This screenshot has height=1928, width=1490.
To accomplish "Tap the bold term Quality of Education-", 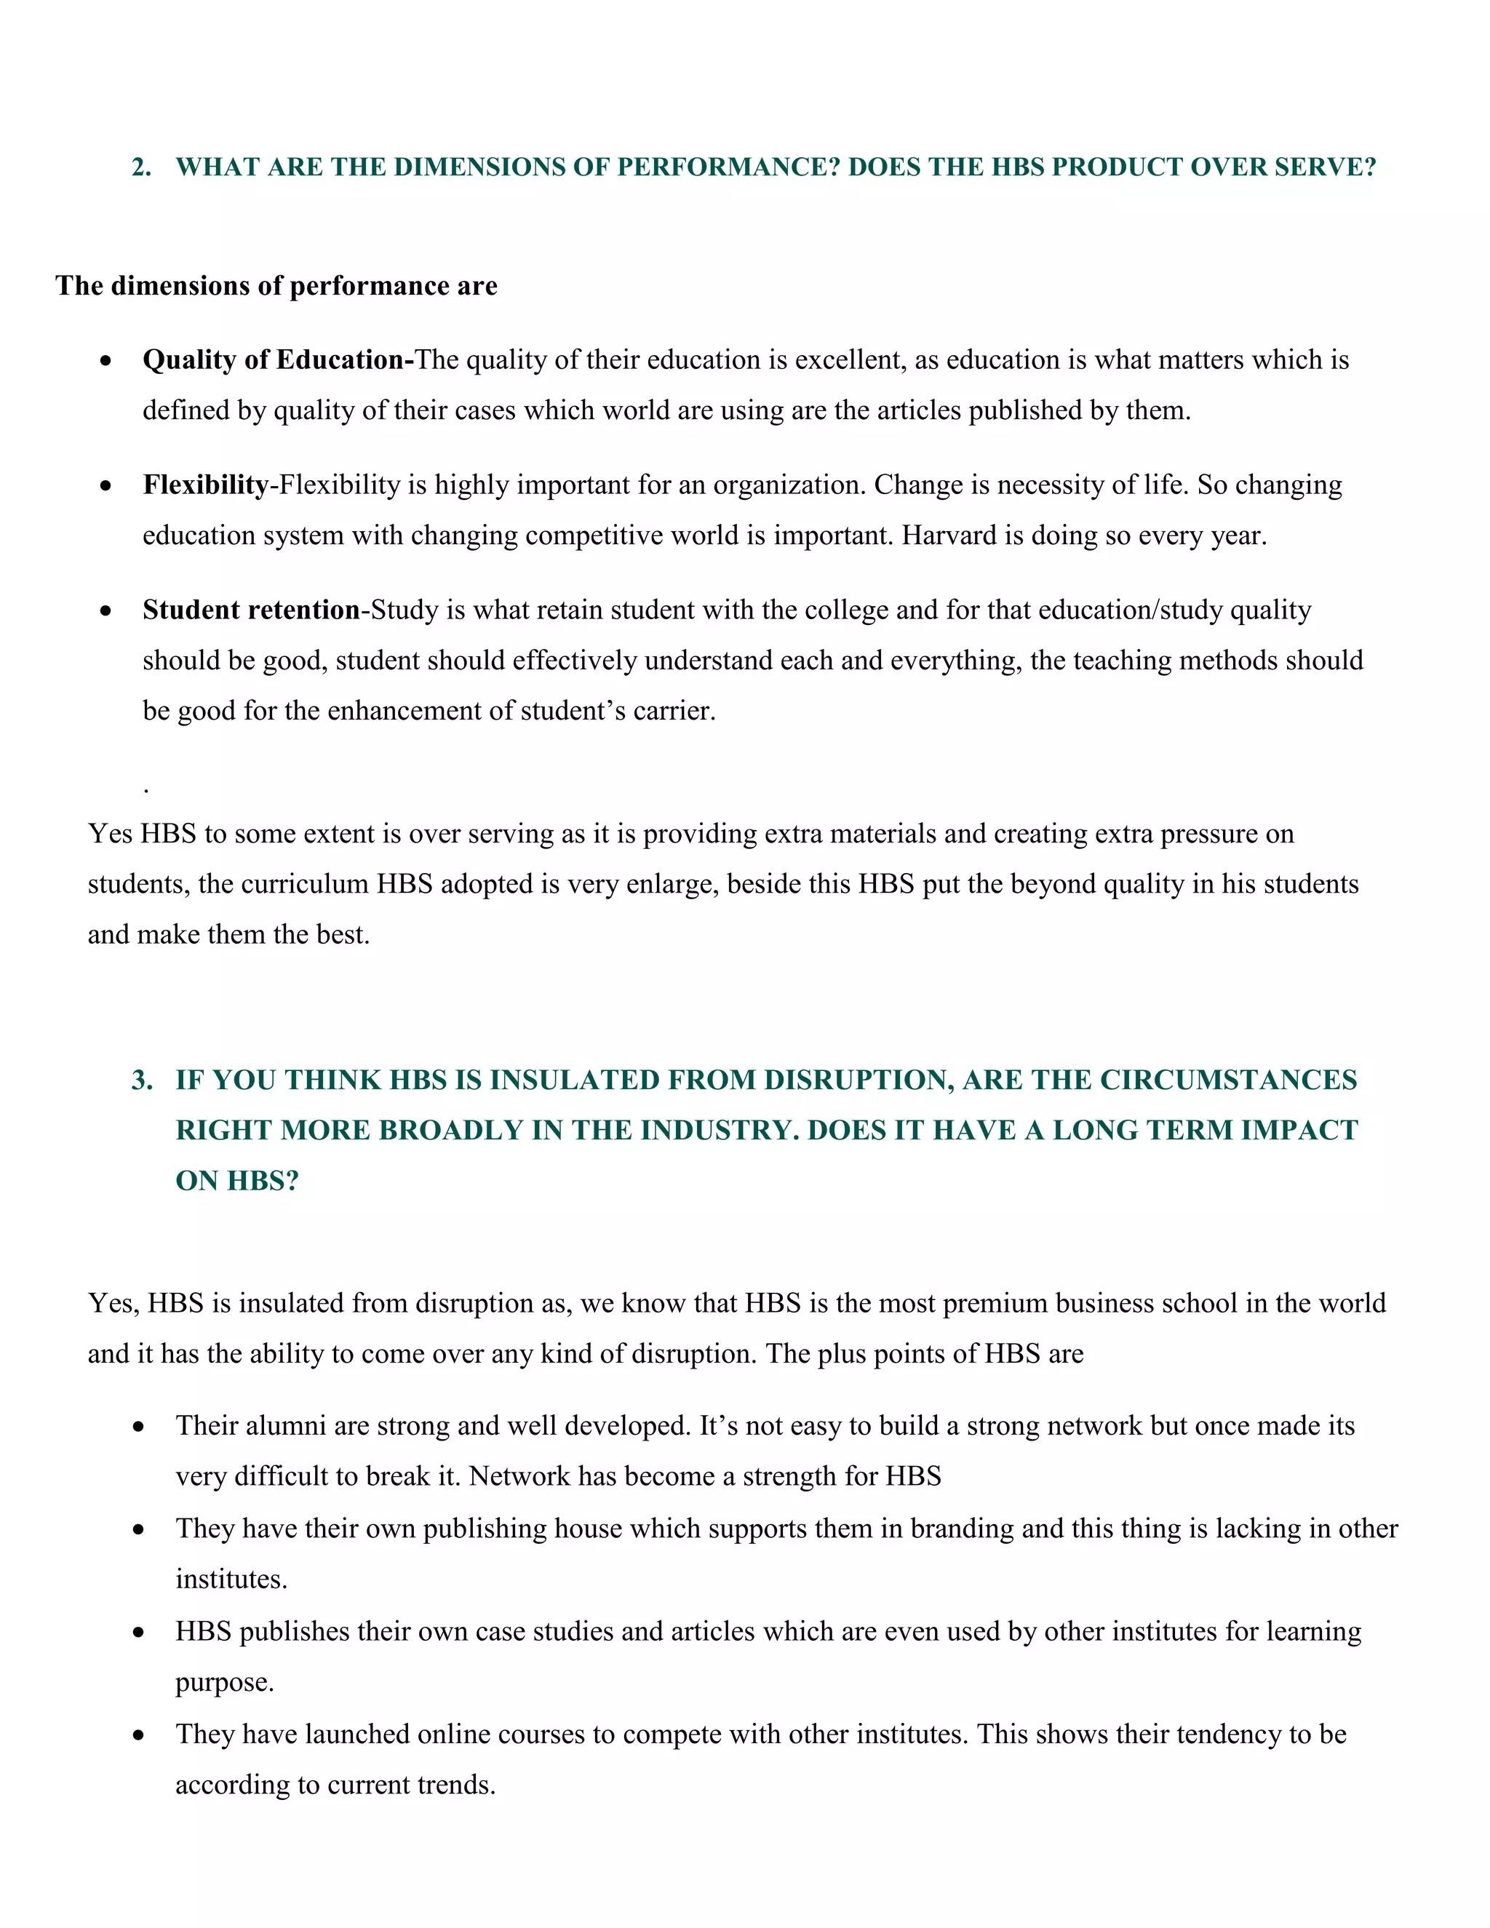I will (278, 360).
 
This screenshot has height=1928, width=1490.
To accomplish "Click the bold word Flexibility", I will (204, 485).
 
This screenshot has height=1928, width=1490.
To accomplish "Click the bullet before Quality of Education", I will (106, 361).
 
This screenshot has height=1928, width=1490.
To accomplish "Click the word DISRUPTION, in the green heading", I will (858, 1080).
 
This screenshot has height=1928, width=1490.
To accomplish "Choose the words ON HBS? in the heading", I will (236, 1181).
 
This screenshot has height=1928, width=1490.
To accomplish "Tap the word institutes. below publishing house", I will (231, 1580).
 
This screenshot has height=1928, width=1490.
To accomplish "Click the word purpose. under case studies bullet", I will (224, 1683).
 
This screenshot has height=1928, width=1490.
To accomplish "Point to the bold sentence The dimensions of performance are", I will (276, 286).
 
